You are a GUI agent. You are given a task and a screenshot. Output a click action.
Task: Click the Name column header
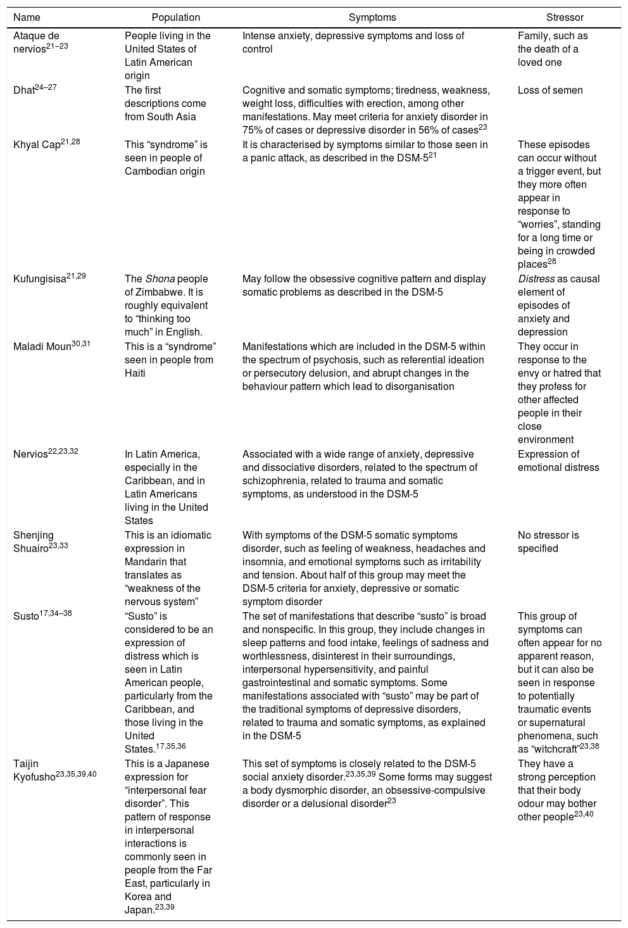tap(27, 18)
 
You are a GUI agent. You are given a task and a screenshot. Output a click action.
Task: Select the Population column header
tap(176, 18)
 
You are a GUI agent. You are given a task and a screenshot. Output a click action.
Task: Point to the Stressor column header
tap(565, 18)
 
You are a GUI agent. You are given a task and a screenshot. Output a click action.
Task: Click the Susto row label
tap(26, 617)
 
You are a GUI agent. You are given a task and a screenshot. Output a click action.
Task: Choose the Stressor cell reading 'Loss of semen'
tap(550, 91)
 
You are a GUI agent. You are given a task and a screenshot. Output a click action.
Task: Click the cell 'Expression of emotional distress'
tap(557, 461)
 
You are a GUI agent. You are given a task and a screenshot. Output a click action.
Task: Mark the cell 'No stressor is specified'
tap(548, 542)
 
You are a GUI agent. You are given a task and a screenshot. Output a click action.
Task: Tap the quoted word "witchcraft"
tap(555, 749)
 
